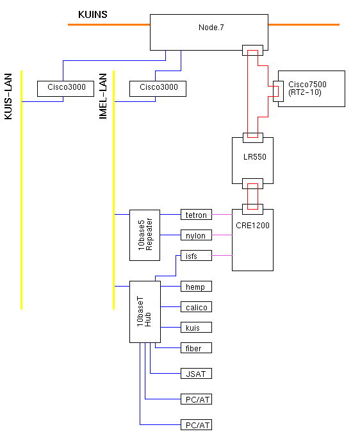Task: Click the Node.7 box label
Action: click(211, 28)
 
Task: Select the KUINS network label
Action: click(93, 14)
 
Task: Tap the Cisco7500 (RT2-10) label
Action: click(307, 88)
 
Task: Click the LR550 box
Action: click(253, 160)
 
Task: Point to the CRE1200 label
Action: click(253, 225)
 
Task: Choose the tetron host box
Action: click(196, 215)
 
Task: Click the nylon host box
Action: click(196, 235)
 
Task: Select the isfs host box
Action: click(196, 256)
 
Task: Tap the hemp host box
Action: click(196, 286)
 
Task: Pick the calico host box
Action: click(196, 306)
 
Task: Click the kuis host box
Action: click(196, 327)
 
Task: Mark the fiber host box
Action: click(196, 347)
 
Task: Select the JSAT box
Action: click(196, 373)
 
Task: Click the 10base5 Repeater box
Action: click(145, 235)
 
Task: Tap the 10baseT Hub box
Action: click(145, 312)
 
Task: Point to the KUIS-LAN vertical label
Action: click(8, 96)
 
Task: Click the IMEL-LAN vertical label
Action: click(103, 96)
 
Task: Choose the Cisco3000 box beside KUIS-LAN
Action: click(65, 88)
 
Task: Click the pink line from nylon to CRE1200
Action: click(222, 235)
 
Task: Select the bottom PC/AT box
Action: click(196, 424)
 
